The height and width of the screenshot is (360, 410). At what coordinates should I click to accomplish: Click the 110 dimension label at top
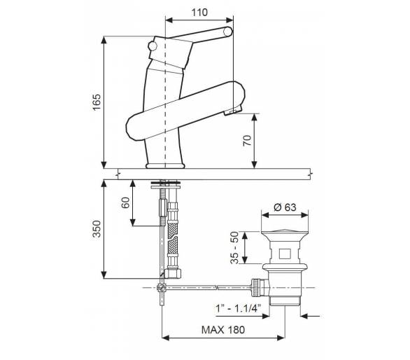point(199,13)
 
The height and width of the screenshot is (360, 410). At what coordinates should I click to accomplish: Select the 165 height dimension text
point(97,102)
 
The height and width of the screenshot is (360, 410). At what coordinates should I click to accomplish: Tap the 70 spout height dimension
point(247,141)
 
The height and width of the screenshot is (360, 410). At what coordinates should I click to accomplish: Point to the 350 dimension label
point(97,229)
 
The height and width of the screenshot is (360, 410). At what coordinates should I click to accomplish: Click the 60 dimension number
point(125,202)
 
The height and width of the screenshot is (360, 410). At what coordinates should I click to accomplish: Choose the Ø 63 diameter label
point(285,207)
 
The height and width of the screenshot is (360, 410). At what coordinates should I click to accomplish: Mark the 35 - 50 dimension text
point(234,248)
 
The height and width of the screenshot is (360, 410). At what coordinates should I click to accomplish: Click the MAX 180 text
point(223,330)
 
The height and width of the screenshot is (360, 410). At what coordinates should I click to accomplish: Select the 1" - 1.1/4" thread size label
point(238,308)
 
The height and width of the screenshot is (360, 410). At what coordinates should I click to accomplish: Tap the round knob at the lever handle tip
point(228,32)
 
